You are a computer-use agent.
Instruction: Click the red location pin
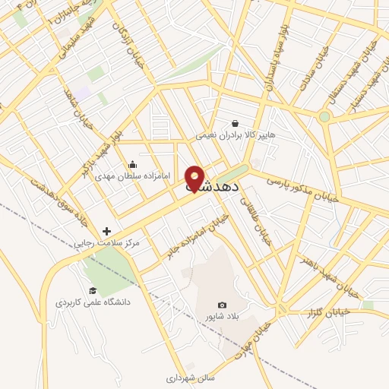point(194,179)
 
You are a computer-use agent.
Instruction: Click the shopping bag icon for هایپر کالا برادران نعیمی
point(236,123)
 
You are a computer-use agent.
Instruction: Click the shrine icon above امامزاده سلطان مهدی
point(133,165)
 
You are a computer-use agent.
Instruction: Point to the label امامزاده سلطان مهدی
point(126,177)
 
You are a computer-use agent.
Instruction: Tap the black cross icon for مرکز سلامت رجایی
point(106,231)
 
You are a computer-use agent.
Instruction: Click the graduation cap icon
point(93,290)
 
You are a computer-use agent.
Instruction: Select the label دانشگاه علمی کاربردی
point(93,302)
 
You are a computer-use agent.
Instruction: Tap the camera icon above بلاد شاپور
point(222,305)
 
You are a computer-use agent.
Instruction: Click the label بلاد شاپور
point(222,316)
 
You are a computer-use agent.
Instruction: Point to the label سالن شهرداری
point(191,377)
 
